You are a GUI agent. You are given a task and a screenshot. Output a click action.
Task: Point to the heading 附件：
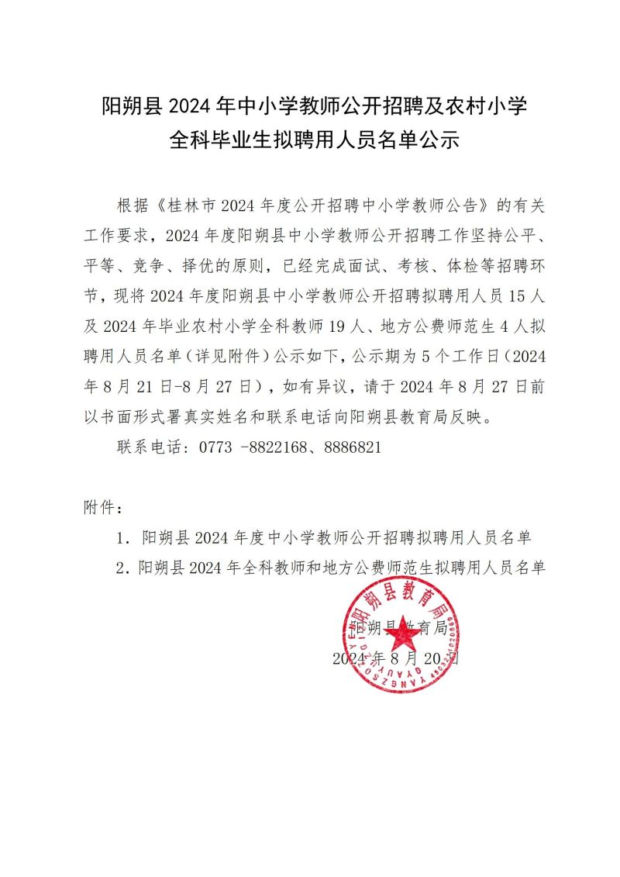click(102, 508)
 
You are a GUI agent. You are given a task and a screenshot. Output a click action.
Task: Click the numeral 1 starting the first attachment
click(120, 537)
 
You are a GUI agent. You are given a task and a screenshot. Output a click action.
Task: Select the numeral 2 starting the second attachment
click(120, 567)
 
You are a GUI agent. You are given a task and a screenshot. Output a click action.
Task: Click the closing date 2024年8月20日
click(397, 659)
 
